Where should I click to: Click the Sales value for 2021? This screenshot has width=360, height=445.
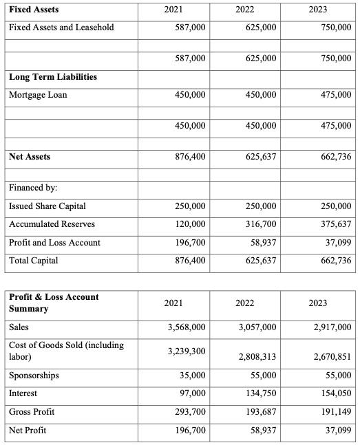click(187, 327)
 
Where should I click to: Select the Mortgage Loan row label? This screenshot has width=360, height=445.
click(38, 95)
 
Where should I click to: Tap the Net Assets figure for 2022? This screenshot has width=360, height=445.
click(260, 157)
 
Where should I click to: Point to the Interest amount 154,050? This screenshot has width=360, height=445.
click(332, 393)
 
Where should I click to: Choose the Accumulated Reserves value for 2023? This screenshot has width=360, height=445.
click(332, 224)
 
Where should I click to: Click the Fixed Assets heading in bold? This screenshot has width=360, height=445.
click(34, 10)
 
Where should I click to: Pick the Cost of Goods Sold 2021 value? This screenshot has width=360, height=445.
click(187, 351)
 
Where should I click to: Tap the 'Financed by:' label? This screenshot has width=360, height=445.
click(33, 188)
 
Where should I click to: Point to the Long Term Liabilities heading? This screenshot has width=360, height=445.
click(52, 76)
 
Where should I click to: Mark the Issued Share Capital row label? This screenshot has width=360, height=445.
click(47, 206)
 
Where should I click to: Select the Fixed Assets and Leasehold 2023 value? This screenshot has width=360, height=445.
click(332, 28)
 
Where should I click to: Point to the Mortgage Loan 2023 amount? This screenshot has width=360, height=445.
click(332, 95)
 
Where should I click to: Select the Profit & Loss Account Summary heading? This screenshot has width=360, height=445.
click(54, 303)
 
